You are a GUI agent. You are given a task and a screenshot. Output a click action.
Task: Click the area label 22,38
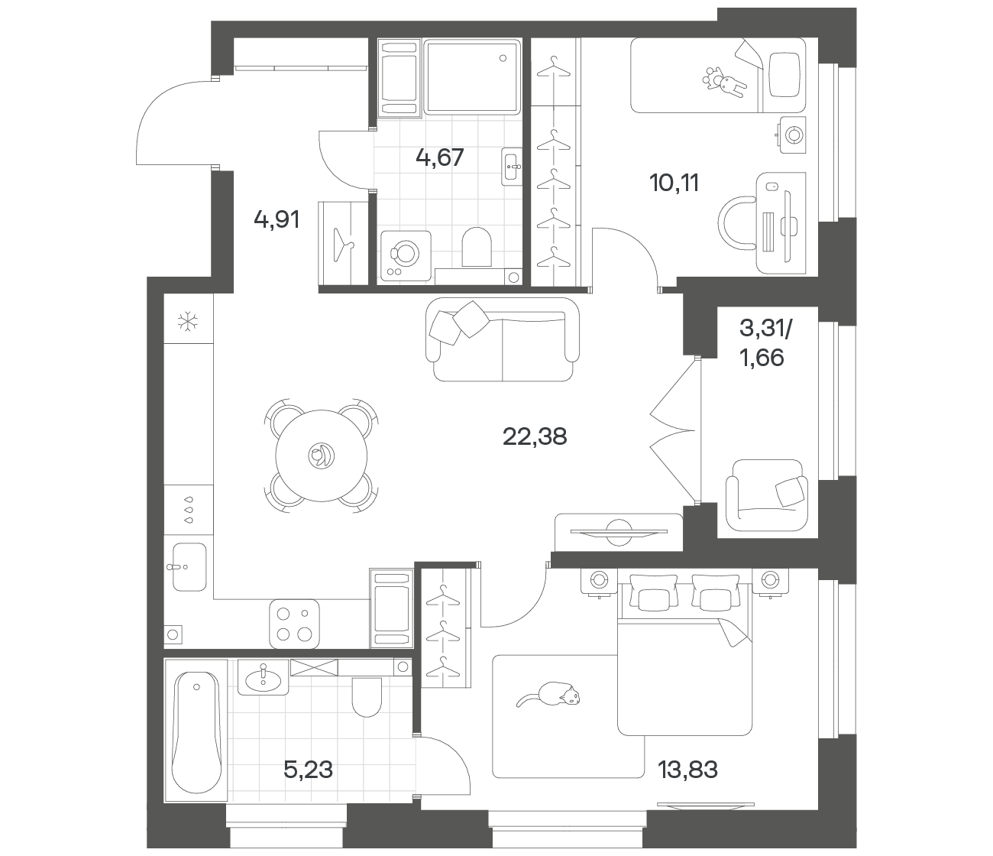[x=535, y=437]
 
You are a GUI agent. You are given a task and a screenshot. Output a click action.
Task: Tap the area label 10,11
[x=674, y=183]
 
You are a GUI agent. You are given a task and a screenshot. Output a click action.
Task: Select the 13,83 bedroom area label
[x=687, y=770]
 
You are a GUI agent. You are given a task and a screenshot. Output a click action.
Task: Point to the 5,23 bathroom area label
[x=308, y=770]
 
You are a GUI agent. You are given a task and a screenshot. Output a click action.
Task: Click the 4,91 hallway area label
[x=277, y=220]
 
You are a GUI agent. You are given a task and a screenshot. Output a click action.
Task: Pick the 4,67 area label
[x=439, y=157]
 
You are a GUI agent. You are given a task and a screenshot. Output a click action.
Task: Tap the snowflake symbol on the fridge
[x=188, y=322]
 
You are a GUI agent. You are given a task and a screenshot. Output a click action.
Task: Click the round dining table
[x=322, y=456]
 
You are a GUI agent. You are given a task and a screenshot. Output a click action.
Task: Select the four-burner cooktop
[x=294, y=624]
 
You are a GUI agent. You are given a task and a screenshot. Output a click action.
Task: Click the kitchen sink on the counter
[x=189, y=566]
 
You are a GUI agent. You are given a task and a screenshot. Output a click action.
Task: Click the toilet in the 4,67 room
[x=477, y=247]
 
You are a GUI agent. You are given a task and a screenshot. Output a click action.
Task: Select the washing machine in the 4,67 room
[x=406, y=255]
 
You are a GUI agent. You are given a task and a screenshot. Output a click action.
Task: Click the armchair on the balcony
[x=766, y=494]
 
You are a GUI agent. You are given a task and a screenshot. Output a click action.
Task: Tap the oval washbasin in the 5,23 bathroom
[x=263, y=680]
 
